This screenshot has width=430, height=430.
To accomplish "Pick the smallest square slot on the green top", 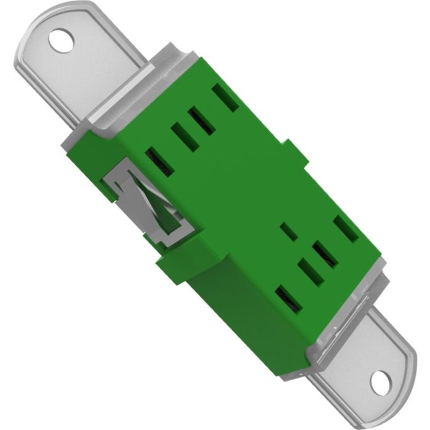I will pyautogui.click(x=288, y=232).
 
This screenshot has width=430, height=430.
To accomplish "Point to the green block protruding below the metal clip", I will pyautogui.click(x=173, y=265).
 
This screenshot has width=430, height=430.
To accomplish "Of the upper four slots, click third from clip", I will pyautogui.click(x=202, y=119).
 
